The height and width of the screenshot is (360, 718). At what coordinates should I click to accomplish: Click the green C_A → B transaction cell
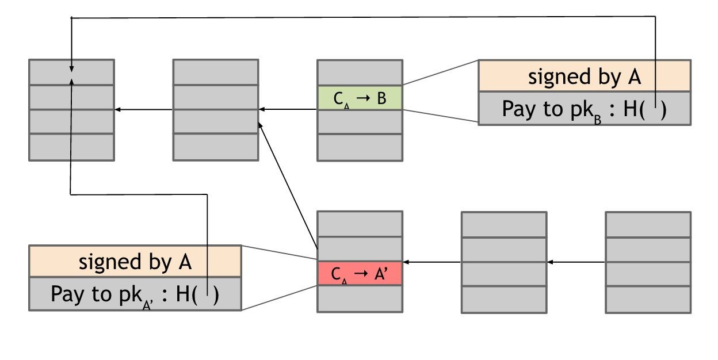click(360, 98)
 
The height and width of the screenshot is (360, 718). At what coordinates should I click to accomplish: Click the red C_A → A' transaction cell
click(360, 273)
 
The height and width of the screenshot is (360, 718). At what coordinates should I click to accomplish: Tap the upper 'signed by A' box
click(584, 76)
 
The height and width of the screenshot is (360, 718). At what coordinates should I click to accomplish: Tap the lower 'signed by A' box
click(135, 262)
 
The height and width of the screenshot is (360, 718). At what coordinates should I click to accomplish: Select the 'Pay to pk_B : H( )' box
click(584, 109)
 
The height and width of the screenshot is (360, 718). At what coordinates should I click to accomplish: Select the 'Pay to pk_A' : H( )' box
click(135, 294)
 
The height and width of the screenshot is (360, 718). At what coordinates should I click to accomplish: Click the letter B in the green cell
click(381, 98)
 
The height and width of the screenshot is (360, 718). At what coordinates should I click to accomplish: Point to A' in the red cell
click(381, 273)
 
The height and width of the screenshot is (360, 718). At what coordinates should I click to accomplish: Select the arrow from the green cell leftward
click(288, 109)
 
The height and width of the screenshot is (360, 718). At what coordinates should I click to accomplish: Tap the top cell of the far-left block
click(71, 72)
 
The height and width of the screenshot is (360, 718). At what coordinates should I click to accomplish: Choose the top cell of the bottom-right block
click(648, 224)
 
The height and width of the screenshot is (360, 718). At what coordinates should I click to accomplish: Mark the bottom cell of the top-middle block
click(216, 147)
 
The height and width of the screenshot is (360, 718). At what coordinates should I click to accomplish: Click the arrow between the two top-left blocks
click(144, 109)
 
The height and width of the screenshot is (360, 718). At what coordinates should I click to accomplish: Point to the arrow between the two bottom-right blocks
click(575, 262)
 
